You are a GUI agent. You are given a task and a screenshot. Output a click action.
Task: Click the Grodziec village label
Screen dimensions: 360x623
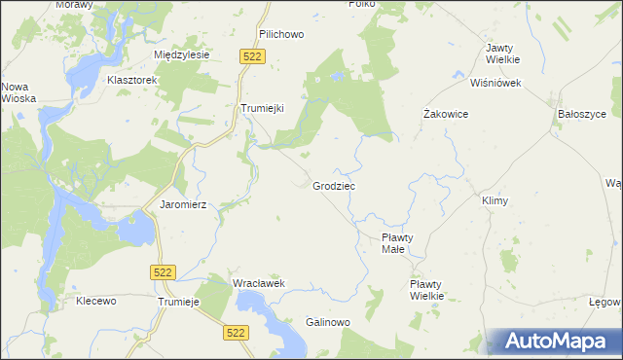[334, 186]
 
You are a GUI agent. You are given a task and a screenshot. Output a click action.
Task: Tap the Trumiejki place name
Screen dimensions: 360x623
[262, 109]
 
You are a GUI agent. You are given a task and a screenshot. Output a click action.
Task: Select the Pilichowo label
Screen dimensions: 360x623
[282, 34]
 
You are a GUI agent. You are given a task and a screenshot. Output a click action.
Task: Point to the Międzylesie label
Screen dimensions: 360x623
[182, 55]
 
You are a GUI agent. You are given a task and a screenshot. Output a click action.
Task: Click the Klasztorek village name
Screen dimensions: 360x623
[132, 81]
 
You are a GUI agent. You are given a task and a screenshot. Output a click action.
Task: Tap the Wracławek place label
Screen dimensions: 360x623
[257, 283]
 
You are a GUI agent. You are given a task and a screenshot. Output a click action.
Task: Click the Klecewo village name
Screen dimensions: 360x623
[96, 302]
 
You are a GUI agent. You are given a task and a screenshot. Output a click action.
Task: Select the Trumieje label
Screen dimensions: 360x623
[178, 302]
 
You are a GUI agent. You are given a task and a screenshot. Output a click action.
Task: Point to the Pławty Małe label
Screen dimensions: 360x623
[399, 242]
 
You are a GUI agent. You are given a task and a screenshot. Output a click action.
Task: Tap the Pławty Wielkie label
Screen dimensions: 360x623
[426, 289]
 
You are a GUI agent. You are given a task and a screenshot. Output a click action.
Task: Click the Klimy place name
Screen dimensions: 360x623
[495, 200]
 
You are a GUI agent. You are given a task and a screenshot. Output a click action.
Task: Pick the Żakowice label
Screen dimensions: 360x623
[447, 114]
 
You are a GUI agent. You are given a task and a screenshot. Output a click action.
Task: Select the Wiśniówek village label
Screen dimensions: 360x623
[495, 83]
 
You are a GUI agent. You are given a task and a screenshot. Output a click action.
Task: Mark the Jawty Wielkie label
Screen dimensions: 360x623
[500, 54]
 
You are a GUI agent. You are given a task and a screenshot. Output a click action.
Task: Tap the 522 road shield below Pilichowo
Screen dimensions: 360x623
[252, 58]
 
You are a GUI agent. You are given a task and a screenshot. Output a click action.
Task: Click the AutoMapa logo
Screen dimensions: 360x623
[558, 342]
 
